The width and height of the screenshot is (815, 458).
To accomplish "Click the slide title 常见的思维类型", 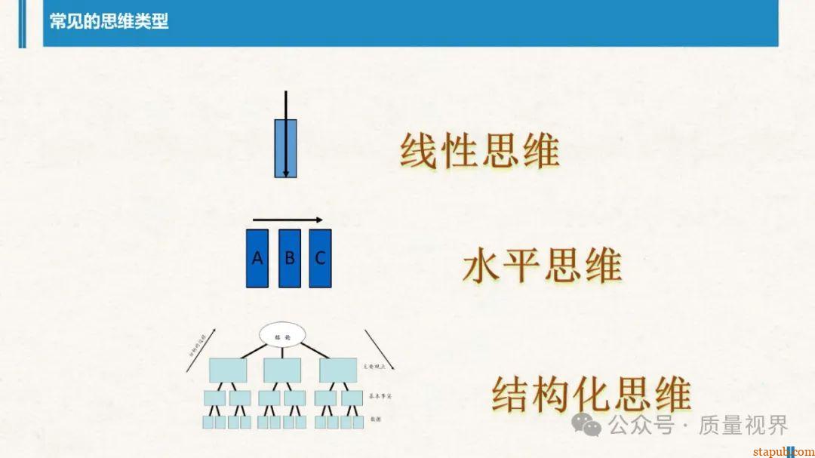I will point(109,21).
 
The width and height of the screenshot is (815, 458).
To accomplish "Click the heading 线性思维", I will point(479,151).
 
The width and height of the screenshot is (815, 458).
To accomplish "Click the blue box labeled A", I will point(258,258).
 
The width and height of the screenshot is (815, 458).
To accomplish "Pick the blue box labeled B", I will point(289,258).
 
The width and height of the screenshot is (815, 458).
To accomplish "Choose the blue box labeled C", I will point(320,258).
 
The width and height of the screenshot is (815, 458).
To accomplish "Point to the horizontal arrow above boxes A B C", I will point(288,220).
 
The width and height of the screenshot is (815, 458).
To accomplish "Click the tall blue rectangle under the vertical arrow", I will point(285,148).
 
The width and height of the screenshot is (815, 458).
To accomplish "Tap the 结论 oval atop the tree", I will point(281,337).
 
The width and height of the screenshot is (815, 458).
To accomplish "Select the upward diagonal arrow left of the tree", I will point(201,349).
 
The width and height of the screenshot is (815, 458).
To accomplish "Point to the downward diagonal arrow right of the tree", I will point(380,349).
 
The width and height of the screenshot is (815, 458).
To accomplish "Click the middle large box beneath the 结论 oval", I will point(282,369).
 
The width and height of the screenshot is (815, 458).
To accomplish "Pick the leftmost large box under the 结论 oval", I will point(228,369).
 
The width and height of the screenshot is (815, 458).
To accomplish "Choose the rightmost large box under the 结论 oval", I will point(337,369).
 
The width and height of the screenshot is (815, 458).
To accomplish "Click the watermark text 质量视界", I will point(743,426).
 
